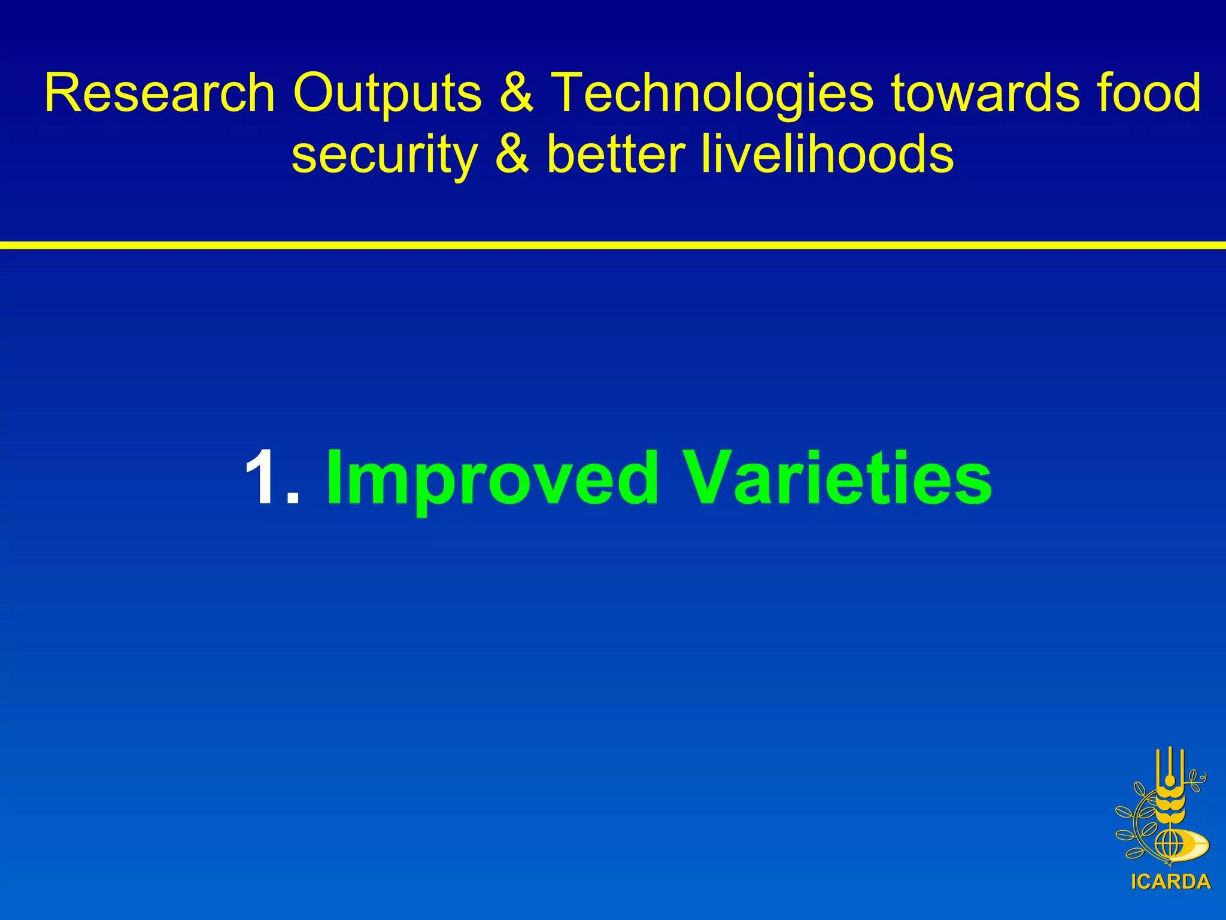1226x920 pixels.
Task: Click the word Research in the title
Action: (x=159, y=93)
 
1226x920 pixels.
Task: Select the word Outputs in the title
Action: (x=387, y=94)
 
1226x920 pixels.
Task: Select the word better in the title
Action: (x=615, y=155)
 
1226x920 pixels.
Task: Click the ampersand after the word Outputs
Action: (x=516, y=93)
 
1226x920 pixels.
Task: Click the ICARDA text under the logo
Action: (x=1170, y=882)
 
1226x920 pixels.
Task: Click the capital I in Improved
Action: (x=335, y=478)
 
